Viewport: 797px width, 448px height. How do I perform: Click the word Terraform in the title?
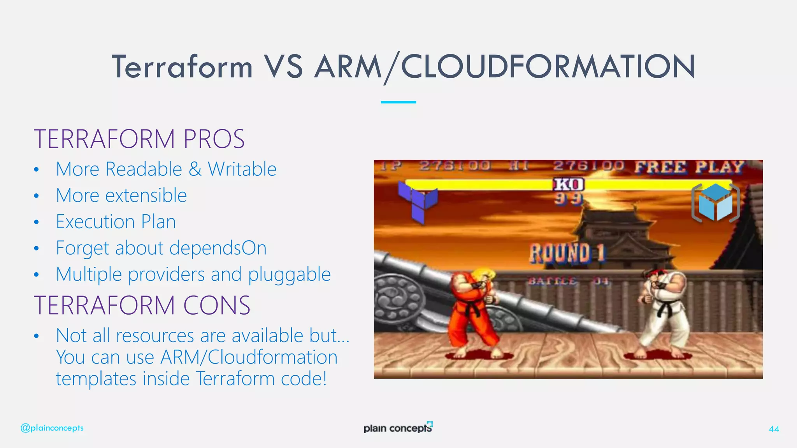[x=182, y=67]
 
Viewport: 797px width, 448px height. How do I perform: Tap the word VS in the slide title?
[x=283, y=67]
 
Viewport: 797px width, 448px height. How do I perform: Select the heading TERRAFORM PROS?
[x=139, y=139]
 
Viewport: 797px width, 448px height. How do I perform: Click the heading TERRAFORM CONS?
[x=142, y=305]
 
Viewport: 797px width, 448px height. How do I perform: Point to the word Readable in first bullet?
[x=144, y=169]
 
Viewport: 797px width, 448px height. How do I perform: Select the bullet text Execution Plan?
[x=116, y=222]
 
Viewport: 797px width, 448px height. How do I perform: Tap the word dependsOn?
[x=218, y=248]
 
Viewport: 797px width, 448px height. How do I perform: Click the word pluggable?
[x=289, y=275]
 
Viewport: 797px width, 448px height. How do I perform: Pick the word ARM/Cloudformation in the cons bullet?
[x=249, y=357]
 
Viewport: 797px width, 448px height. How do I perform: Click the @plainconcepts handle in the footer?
[x=52, y=428]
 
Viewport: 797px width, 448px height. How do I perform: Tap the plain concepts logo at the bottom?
[x=398, y=427]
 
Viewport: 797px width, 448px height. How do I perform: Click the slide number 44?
[x=774, y=429]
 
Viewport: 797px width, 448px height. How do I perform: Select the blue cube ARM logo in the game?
[x=715, y=203]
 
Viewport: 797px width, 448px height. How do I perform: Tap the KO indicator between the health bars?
[x=569, y=184]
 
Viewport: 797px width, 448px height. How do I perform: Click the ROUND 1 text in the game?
[x=567, y=253]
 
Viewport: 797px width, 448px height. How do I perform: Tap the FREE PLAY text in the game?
[x=689, y=167]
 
